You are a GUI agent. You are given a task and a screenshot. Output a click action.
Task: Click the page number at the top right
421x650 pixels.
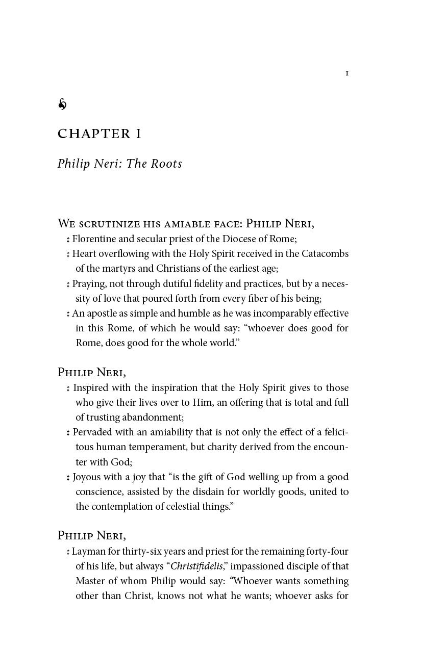click(347, 73)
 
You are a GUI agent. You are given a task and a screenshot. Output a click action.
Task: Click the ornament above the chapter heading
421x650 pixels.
click(62, 105)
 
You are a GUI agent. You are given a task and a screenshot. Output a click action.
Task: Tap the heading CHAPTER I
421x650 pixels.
click(100, 134)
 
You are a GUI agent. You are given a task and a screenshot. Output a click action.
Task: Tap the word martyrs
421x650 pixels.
click(115, 268)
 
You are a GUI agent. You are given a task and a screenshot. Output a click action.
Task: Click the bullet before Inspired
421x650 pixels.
click(68, 388)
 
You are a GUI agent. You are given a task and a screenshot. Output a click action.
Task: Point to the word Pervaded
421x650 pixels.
click(91, 432)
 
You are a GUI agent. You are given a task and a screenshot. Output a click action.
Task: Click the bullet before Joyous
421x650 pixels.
click(68, 478)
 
